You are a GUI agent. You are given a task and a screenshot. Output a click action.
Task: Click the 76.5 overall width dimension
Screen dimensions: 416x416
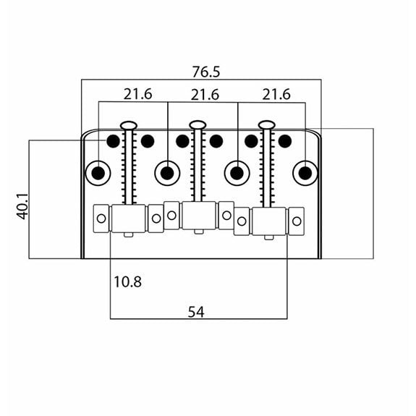[x=206, y=72]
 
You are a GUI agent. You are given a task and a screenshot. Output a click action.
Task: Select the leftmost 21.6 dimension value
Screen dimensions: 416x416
[x=137, y=94]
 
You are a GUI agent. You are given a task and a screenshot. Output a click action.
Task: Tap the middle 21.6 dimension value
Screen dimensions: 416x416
[x=205, y=95]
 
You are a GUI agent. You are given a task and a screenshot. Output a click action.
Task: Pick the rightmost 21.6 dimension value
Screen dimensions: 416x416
[x=276, y=94]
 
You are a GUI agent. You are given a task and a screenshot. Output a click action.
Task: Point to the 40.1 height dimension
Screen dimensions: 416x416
[x=22, y=207]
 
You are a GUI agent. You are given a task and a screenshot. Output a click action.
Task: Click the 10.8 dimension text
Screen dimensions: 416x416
[x=127, y=281]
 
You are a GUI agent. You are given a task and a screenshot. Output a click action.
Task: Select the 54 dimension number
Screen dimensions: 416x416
[x=196, y=312]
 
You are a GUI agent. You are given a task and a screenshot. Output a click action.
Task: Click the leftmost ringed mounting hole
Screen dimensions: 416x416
[x=98, y=173]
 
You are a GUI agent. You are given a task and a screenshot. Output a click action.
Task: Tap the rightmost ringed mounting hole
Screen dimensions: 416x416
[x=305, y=173]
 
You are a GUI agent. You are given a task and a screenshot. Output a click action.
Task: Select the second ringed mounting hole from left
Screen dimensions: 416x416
[x=167, y=173]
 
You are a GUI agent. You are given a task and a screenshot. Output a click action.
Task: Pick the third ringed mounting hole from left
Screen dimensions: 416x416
[x=237, y=173]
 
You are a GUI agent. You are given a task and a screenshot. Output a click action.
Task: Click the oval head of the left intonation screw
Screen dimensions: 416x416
[x=129, y=124]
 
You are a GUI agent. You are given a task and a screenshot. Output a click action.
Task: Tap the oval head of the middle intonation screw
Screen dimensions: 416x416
[x=198, y=124]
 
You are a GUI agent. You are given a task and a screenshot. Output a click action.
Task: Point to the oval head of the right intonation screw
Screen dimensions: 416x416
[x=267, y=124]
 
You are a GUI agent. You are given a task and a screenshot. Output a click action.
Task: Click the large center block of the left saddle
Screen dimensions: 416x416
[x=129, y=218]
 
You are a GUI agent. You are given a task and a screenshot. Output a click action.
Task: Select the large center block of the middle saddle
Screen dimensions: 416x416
[x=199, y=215]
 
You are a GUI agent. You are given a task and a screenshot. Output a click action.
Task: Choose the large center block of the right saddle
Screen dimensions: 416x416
[x=269, y=221]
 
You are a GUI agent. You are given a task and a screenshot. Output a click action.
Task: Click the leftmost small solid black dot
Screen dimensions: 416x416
[x=113, y=141]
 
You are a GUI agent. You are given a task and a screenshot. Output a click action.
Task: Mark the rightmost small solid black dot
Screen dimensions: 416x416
[x=285, y=141]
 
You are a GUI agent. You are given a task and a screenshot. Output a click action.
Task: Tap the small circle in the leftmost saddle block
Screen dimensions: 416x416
[x=101, y=218]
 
